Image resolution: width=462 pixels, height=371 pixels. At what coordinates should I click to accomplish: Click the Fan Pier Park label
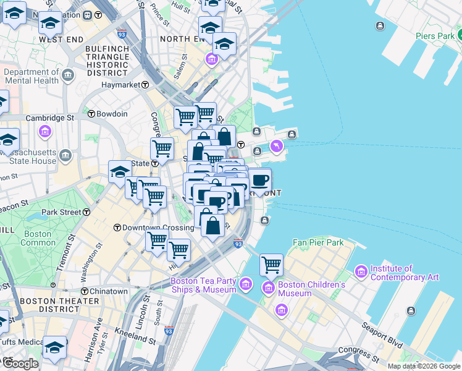pos(318,242)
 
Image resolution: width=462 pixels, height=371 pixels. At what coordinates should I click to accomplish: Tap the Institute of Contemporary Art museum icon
pos(361,271)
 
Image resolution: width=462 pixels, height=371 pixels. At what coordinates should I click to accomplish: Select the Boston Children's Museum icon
pos(269,288)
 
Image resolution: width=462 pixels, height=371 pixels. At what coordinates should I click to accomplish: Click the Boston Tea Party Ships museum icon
pos(246,284)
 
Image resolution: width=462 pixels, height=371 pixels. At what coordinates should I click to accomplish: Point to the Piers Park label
pos(435,36)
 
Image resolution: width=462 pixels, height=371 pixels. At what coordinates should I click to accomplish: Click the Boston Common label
pos(38,238)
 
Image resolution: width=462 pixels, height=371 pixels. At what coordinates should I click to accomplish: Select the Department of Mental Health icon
pos(67,76)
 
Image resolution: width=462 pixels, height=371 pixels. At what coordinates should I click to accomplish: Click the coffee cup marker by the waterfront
pos(260,180)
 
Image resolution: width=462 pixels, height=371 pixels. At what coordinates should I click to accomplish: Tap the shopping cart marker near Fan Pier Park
pos(271,265)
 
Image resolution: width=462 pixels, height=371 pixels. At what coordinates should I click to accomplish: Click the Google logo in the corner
pos(21,364)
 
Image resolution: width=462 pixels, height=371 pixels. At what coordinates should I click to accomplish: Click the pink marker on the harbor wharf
pos(275,147)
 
